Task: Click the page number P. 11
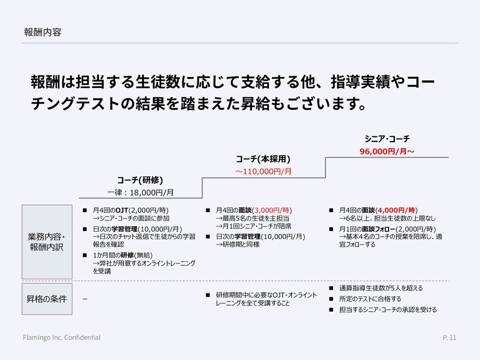449,337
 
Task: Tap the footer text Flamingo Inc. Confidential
62,337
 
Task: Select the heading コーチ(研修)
140,180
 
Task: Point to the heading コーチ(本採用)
263,158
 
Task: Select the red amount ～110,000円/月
263,171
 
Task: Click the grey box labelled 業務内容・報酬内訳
47,241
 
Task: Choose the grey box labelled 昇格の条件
47,299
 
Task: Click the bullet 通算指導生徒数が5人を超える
381,288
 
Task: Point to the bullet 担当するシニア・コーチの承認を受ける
388,309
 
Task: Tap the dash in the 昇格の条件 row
84,299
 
